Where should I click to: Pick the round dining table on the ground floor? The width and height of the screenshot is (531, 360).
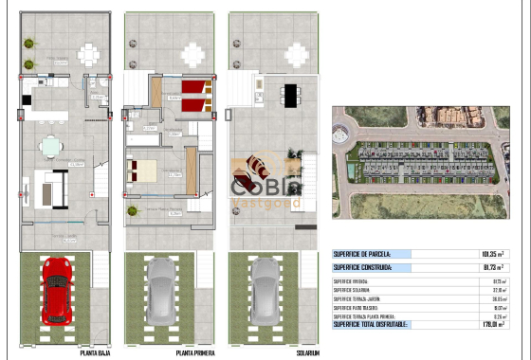49,146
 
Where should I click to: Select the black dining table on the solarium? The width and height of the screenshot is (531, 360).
289,94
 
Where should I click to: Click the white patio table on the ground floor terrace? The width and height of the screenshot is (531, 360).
88,54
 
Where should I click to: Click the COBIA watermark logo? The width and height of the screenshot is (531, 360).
265,189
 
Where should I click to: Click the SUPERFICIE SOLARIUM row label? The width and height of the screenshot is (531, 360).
352,289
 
